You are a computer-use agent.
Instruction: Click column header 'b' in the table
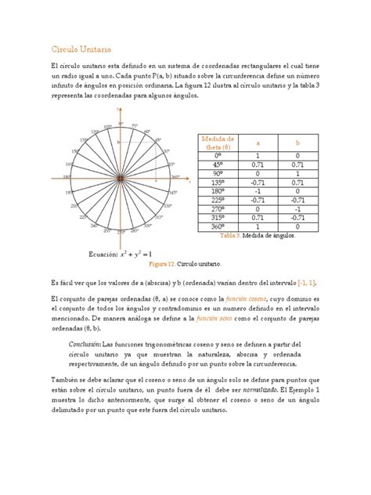pos(297,143)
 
